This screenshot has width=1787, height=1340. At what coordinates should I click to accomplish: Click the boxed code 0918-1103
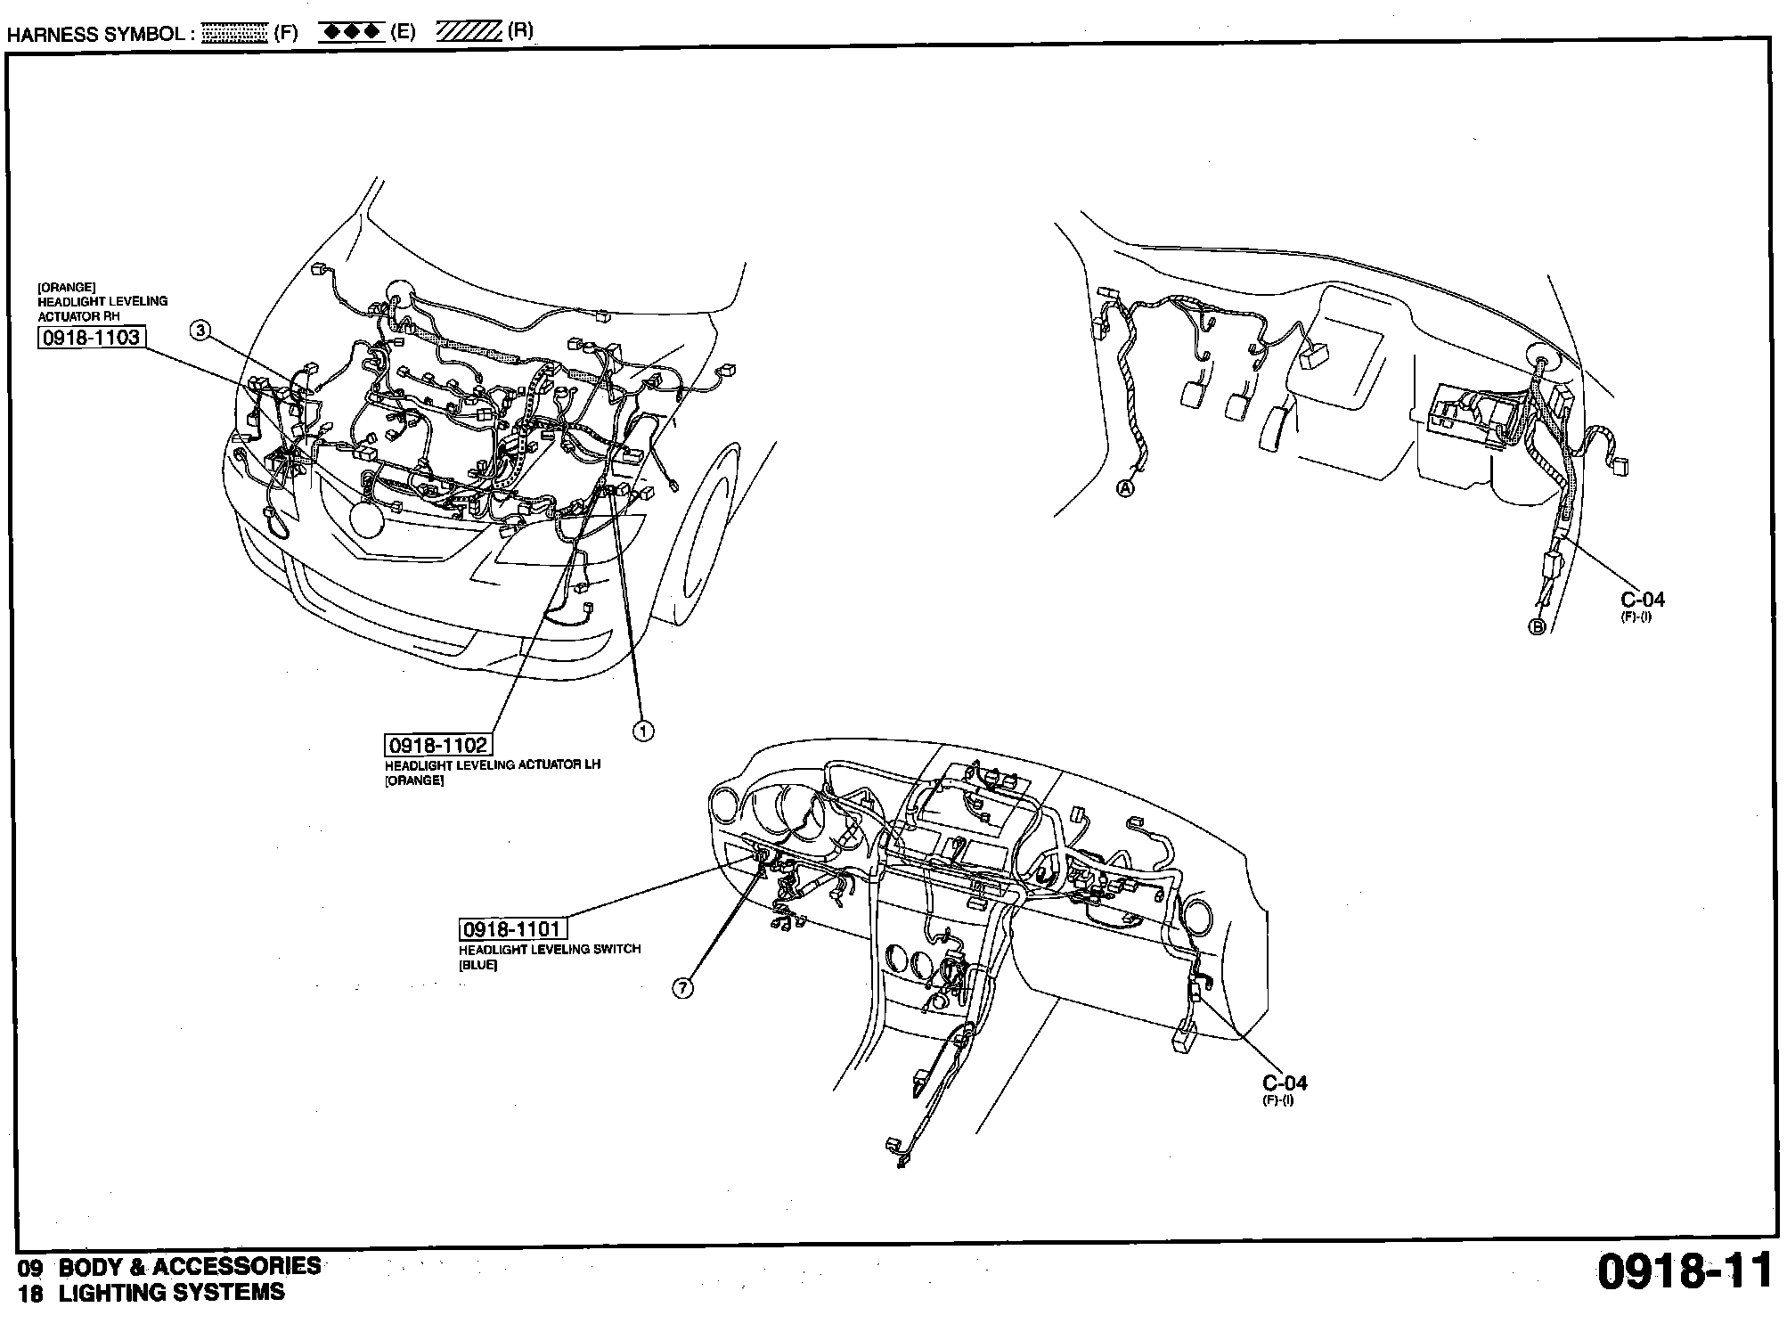(91, 337)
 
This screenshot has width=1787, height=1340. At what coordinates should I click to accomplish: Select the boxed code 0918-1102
(437, 745)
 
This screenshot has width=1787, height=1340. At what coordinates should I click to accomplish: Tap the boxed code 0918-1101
(512, 929)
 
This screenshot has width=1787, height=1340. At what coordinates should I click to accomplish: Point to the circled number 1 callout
(642, 731)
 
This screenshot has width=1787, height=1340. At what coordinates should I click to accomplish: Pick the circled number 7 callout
(682, 988)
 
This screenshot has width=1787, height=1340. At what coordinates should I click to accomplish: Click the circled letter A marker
(1126, 488)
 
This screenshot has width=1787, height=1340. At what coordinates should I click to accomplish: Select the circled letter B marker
(1538, 627)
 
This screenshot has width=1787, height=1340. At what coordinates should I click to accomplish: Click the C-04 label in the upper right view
(1643, 600)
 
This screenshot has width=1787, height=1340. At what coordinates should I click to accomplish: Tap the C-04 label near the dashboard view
(1285, 1083)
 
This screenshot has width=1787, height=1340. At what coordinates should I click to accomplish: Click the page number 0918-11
(1684, 1271)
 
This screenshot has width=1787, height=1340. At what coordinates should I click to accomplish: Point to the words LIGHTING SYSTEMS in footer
(172, 1293)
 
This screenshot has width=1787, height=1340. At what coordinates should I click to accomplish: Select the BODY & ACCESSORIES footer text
(190, 1266)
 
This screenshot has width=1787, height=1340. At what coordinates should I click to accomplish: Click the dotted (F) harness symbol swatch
(235, 34)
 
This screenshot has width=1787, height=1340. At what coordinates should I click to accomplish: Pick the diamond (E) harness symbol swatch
(350, 33)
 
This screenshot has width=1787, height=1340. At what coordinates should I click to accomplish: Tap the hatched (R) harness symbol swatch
(469, 32)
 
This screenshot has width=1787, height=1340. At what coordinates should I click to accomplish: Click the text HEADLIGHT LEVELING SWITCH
(550, 949)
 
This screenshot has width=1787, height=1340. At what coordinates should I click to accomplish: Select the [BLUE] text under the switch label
(477, 965)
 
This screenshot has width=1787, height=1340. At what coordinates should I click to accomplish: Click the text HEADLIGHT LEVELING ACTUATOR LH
(493, 765)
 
